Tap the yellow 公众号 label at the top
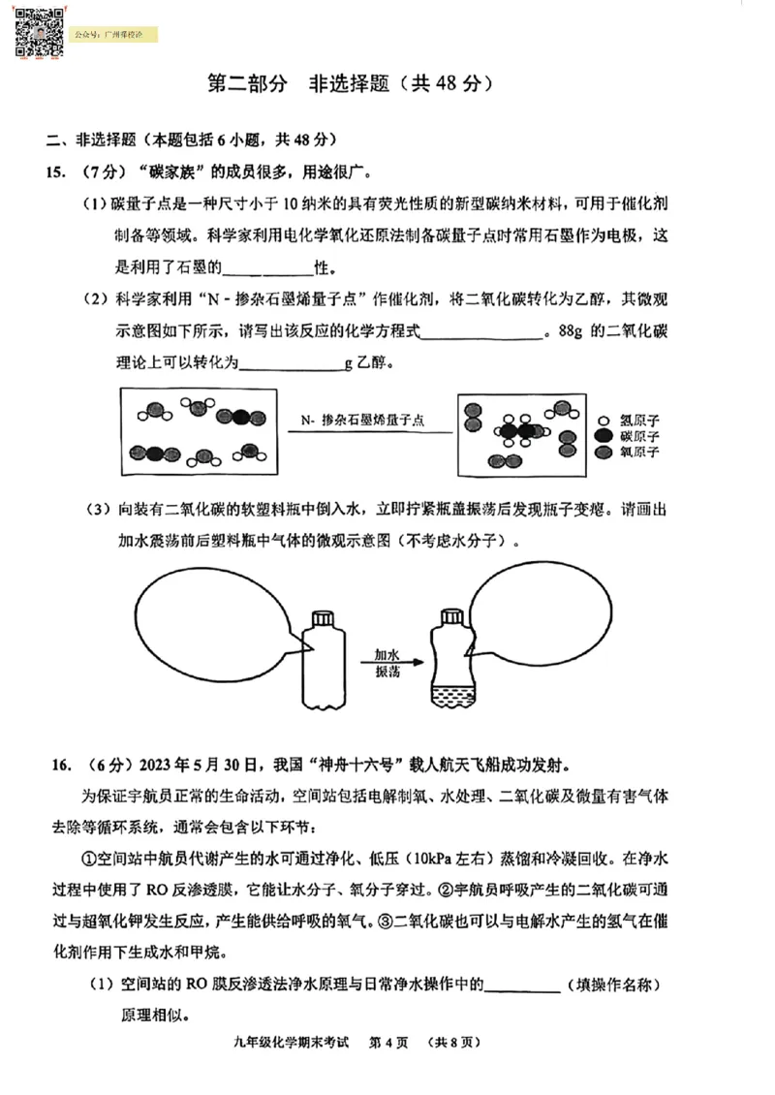(x=114, y=35)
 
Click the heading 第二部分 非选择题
(x=352, y=83)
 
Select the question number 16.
(x=57, y=766)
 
